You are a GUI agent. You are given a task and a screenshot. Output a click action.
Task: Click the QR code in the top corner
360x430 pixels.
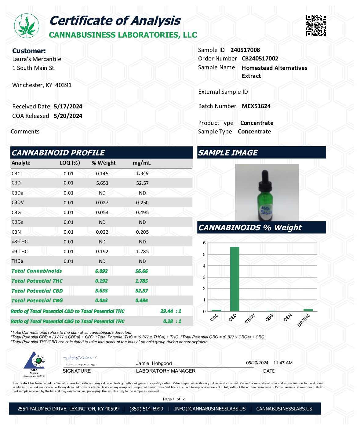[316, 25]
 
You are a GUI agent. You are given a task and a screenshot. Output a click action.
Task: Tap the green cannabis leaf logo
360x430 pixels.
[27, 26]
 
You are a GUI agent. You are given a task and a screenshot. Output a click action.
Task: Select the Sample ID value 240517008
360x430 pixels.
[245, 50]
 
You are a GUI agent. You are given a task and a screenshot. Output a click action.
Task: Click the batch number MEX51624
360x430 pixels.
[256, 106]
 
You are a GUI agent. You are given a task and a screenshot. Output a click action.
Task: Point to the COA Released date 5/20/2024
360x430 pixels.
[68, 116]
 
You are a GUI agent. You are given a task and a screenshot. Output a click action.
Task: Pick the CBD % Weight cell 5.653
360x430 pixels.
[102, 183]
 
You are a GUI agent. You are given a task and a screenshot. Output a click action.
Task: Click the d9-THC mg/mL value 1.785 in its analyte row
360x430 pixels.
[142, 252]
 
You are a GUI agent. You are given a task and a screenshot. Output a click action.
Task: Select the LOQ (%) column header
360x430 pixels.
[70, 163]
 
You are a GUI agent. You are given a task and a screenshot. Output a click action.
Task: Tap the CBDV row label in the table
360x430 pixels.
[18, 202]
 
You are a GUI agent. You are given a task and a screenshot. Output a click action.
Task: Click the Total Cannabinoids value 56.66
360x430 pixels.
[141, 271]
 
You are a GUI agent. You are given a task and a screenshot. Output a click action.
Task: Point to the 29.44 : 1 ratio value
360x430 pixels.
[170, 311]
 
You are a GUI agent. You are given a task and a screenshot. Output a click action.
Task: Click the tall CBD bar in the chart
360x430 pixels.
[234, 279]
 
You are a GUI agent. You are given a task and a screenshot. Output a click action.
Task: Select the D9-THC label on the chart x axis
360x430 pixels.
[304, 320]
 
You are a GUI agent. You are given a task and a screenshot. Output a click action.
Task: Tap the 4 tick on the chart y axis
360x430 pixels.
[204, 266]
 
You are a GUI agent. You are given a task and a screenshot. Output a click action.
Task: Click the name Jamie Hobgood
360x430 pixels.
[154, 363]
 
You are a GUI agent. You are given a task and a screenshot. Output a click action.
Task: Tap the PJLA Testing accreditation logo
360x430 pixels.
[34, 363]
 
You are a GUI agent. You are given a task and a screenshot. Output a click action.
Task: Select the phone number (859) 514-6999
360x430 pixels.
[146, 409]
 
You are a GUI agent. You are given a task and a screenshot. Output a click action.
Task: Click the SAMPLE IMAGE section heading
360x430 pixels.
[228, 153]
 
